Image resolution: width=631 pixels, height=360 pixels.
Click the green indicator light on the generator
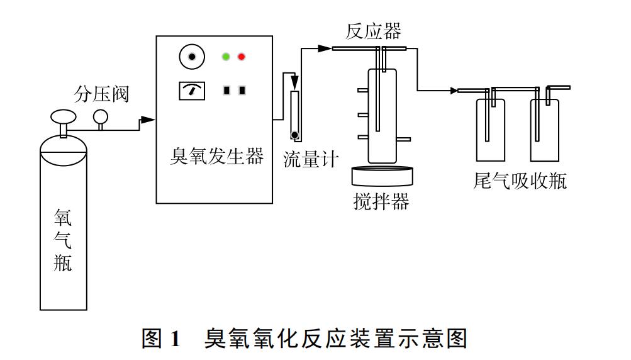coord(226,57)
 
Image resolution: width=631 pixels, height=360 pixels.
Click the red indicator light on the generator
coord(241,57)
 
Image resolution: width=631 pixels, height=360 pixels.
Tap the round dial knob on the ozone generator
coord(193,58)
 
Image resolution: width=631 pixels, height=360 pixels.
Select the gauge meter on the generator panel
coord(193,91)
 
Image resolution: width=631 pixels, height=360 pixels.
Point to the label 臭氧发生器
coord(216,156)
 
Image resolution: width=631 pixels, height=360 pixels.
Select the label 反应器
coord(373,31)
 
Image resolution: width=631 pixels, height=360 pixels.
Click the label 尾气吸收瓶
coord(520,181)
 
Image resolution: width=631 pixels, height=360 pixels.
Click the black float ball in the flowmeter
coord(294,135)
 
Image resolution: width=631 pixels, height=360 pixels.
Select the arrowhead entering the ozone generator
coord(148,120)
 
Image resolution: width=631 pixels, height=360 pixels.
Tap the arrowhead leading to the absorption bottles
coord(454,91)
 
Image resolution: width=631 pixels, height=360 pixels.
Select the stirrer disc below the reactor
coord(383,174)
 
